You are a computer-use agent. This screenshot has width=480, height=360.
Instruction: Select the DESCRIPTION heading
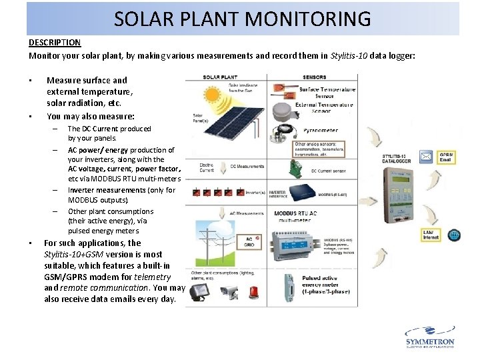(x=55, y=43)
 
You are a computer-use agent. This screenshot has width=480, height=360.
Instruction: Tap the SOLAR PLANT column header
(x=222, y=77)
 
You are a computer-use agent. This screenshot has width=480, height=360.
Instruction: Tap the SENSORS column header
(x=315, y=77)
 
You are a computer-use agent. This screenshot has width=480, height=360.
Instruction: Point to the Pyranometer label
(x=318, y=131)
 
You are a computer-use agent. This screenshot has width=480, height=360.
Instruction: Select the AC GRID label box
(x=248, y=242)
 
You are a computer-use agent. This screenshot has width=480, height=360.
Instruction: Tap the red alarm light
(x=255, y=292)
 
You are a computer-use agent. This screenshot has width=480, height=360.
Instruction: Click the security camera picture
(x=228, y=292)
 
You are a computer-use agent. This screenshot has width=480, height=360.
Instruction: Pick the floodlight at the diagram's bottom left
(x=198, y=291)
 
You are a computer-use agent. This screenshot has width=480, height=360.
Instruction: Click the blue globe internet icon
(x=454, y=235)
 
